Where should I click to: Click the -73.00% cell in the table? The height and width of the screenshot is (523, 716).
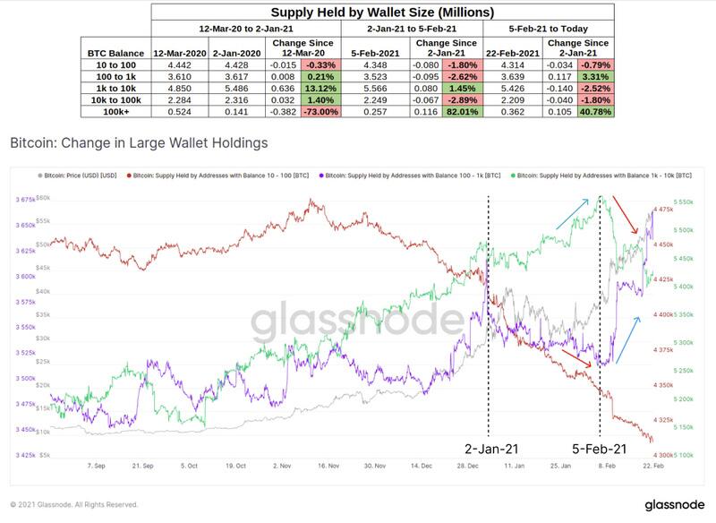click(x=320, y=114)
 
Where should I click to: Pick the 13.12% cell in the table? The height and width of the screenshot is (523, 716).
click(x=320, y=89)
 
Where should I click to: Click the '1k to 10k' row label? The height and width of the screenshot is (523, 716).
click(x=114, y=89)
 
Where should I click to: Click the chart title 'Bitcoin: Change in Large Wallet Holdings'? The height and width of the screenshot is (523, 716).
click(x=138, y=142)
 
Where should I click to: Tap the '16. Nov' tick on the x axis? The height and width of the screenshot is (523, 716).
click(x=327, y=467)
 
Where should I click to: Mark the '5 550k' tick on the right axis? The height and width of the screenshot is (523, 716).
click(x=684, y=203)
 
